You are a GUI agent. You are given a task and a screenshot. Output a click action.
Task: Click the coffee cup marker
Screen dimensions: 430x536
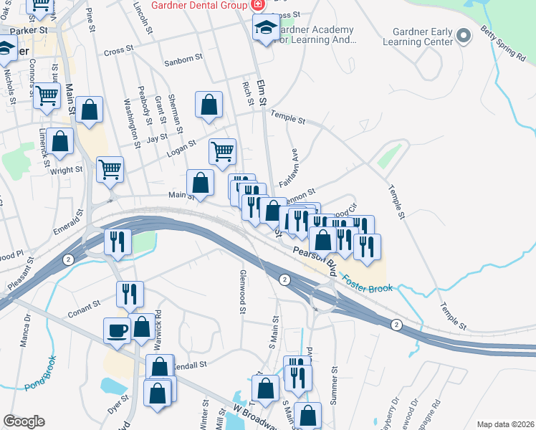[118, 331]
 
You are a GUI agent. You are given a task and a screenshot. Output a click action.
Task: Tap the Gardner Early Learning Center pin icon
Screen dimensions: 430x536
[464, 35]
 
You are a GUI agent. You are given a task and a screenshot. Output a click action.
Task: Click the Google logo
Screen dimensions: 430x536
[24, 421]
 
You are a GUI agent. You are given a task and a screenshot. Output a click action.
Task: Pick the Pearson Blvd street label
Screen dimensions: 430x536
[315, 259]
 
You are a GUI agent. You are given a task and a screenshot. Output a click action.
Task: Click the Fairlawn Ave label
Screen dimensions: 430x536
[294, 165]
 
